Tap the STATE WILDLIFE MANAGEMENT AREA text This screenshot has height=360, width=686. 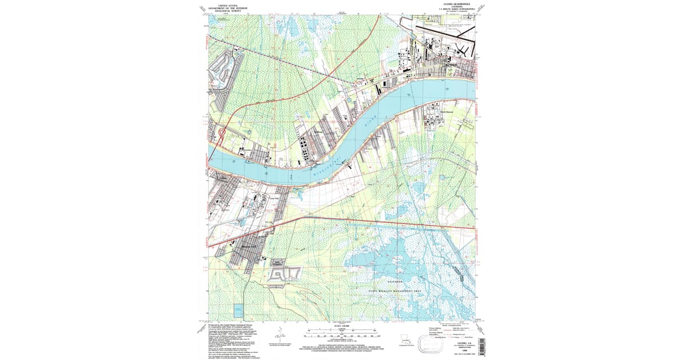coord(394,291)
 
